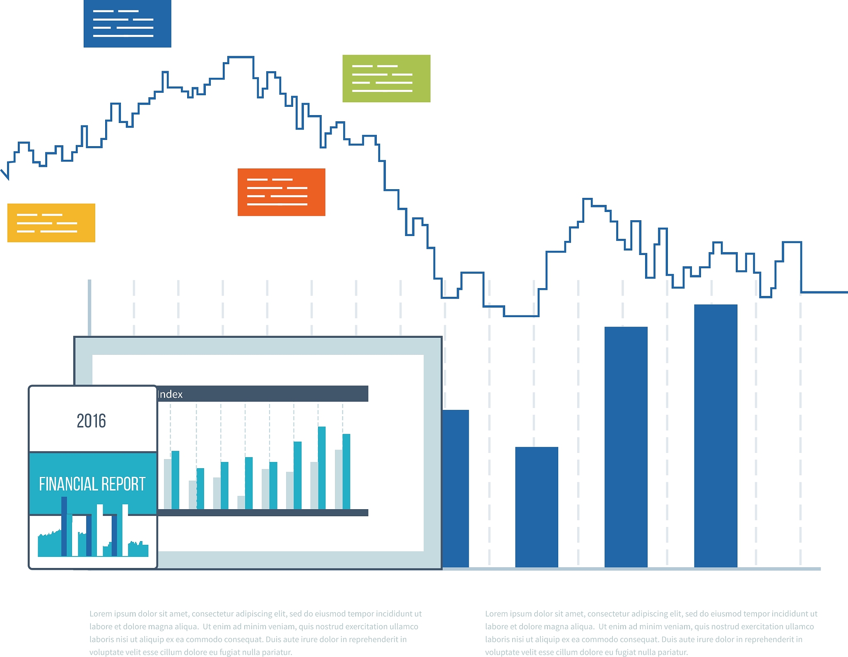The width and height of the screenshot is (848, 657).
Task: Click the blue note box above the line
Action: pyautogui.click(x=127, y=24)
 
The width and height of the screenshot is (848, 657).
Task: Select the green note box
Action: pyautogui.click(x=386, y=78)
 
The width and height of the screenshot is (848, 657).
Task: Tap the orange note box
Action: pyautogui.click(x=281, y=192)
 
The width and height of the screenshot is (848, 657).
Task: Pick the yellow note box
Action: pyautogui.click(x=51, y=223)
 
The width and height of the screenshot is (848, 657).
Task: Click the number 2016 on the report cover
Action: pyautogui.click(x=92, y=421)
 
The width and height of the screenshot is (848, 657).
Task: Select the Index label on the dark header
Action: pyautogui.click(x=170, y=395)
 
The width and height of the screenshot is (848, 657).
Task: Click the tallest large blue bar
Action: pyautogui.click(x=715, y=435)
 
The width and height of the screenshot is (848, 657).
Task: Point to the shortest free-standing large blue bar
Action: pyautogui.click(x=537, y=507)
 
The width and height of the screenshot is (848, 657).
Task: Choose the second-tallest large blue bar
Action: pyautogui.click(x=626, y=447)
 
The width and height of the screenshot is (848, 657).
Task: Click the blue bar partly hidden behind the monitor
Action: pyautogui.click(x=456, y=489)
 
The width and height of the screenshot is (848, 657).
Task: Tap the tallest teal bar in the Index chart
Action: pyautogui.click(x=322, y=468)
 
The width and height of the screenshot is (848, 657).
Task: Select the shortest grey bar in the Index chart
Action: pyautogui.click(x=241, y=502)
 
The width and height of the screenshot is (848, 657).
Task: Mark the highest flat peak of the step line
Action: pyautogui.click(x=241, y=57)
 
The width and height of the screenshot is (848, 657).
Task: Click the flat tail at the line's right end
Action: pyautogui.click(x=824, y=292)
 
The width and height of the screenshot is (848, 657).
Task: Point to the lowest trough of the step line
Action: pyautogui.click(x=521, y=316)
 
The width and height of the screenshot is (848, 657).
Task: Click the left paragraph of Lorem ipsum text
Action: pyautogui.click(x=255, y=633)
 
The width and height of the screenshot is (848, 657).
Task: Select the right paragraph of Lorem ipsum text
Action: pyautogui.click(x=651, y=633)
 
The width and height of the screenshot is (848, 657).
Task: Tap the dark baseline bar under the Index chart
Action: pyautogui.click(x=263, y=513)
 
